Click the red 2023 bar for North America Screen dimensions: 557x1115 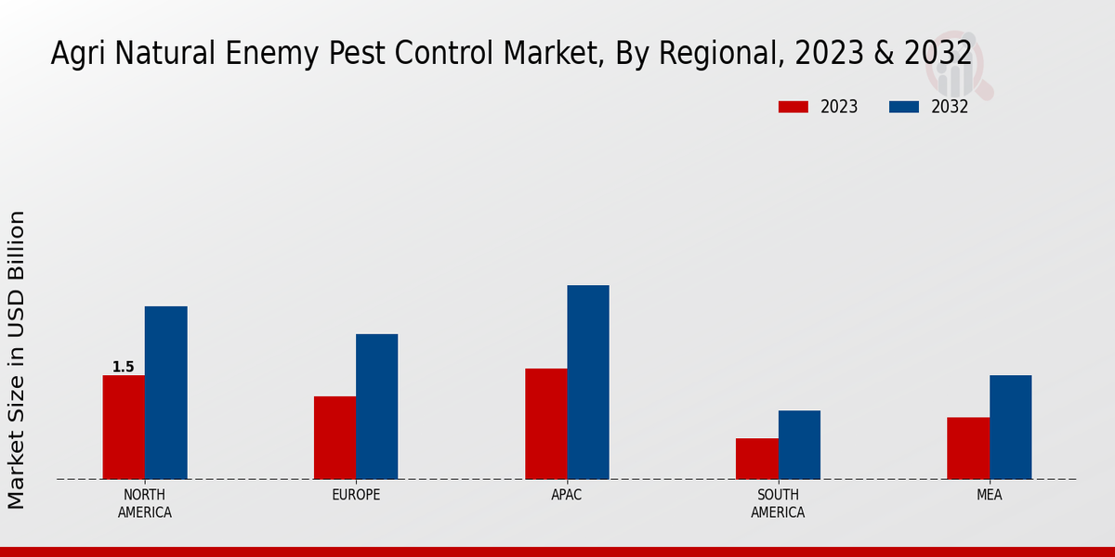click(124, 427)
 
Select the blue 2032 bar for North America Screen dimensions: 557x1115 click(165, 393)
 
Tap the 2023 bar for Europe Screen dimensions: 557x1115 click(334, 437)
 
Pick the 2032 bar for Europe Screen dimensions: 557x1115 click(376, 407)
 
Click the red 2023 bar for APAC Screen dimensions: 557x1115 click(545, 423)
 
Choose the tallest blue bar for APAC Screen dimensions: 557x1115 click(588, 382)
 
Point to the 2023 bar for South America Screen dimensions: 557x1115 click(756, 459)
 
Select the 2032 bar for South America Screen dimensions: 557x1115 click(799, 445)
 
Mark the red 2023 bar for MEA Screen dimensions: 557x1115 click(968, 448)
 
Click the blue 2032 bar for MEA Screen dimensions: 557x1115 click(1010, 427)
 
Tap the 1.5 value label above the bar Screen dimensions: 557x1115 click(124, 368)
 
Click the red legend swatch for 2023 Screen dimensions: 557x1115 click(793, 107)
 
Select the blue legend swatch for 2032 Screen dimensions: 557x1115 click(903, 107)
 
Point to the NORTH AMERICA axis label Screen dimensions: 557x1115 click(145, 503)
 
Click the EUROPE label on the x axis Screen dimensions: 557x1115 click(356, 496)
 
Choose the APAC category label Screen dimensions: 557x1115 click(567, 496)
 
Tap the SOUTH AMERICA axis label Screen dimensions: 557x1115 click(778, 503)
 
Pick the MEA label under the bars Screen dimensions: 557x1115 click(989, 496)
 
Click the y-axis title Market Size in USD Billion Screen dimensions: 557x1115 click(17, 359)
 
